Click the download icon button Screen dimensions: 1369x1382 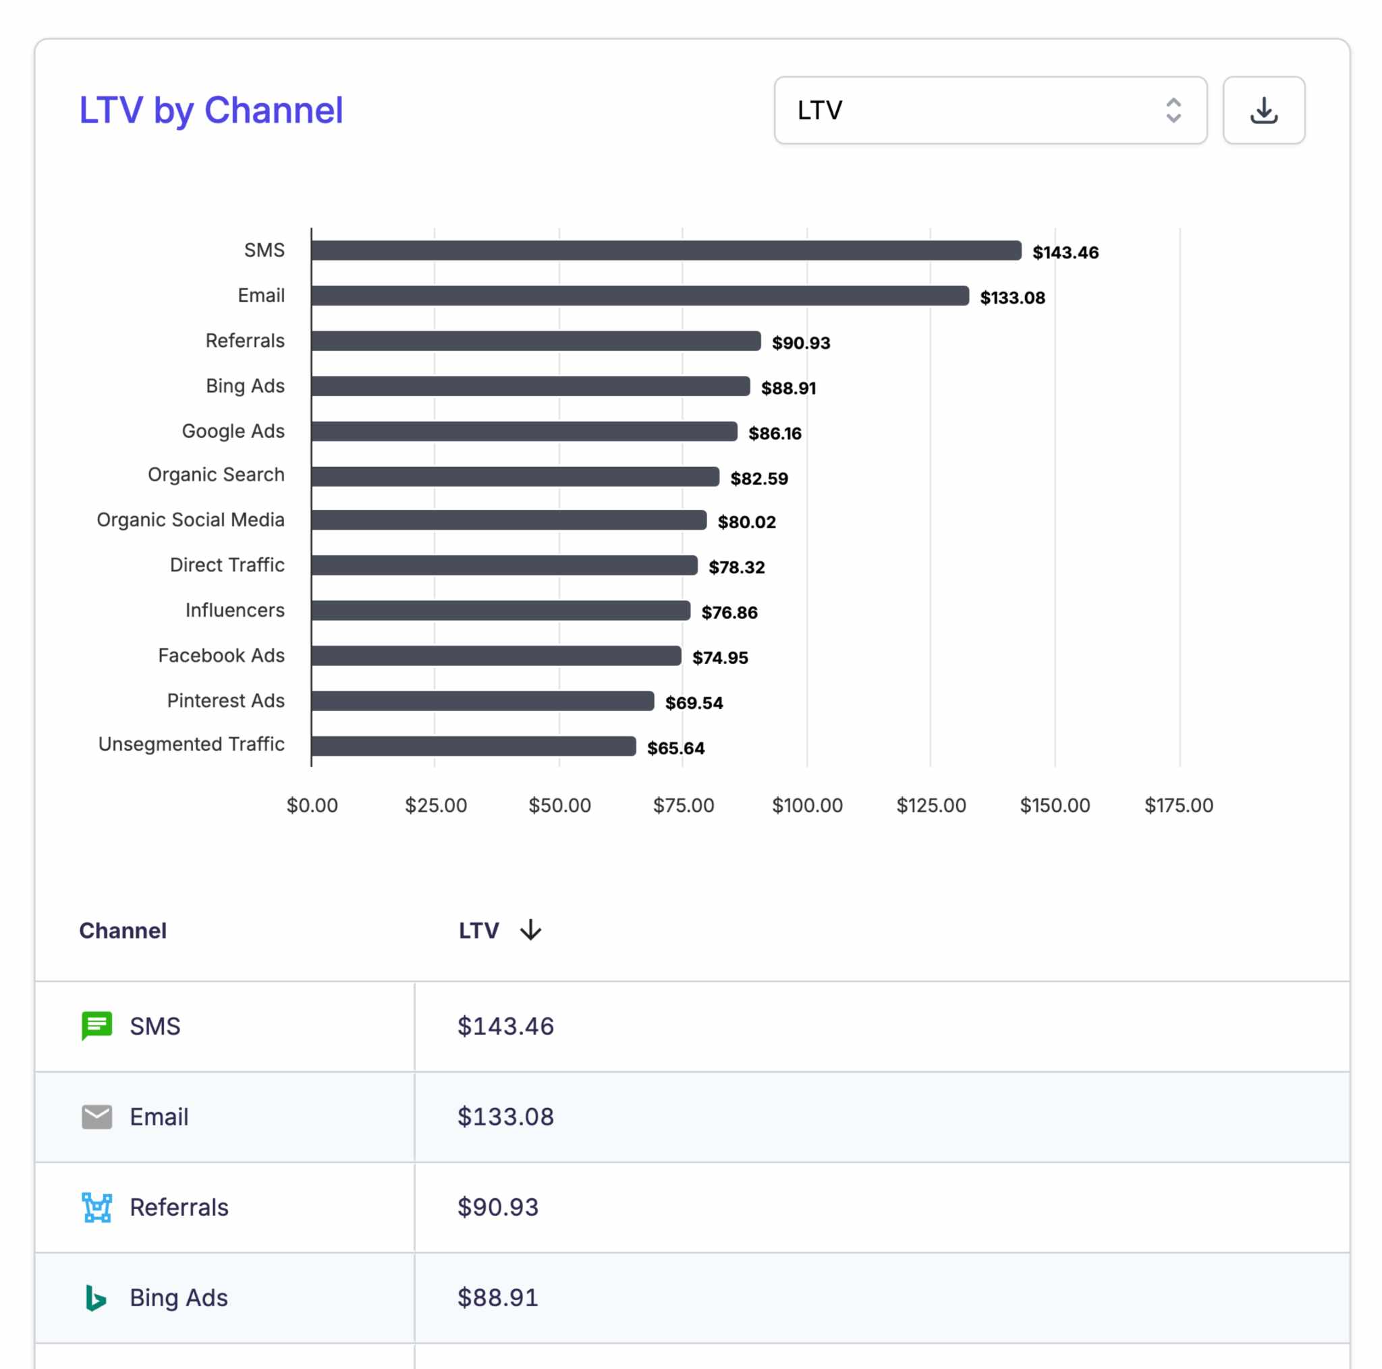click(x=1263, y=110)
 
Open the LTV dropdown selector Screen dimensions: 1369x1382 click(x=989, y=110)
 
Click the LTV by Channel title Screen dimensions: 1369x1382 click(x=211, y=110)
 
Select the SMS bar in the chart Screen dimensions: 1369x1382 click(x=665, y=250)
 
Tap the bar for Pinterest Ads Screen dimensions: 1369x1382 click(x=482, y=701)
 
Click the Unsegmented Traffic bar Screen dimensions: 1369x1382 click(x=473, y=746)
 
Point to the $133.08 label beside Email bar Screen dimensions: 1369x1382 click(x=1012, y=298)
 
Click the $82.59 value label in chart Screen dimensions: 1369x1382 click(x=759, y=478)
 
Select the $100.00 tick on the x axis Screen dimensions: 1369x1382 click(x=807, y=806)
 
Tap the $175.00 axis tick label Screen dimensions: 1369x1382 click(x=1178, y=806)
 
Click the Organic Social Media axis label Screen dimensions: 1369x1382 click(x=190, y=520)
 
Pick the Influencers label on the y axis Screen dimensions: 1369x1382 click(x=235, y=610)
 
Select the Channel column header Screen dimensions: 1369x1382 click(x=123, y=930)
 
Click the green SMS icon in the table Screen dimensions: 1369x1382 click(x=96, y=1026)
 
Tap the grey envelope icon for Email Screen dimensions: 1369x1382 click(x=96, y=1117)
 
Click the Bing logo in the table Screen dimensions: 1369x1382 click(x=95, y=1297)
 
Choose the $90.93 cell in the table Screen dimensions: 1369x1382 click(x=498, y=1207)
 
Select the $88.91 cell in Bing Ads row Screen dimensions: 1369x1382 click(x=498, y=1297)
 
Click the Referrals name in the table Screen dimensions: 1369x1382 click(x=179, y=1207)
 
